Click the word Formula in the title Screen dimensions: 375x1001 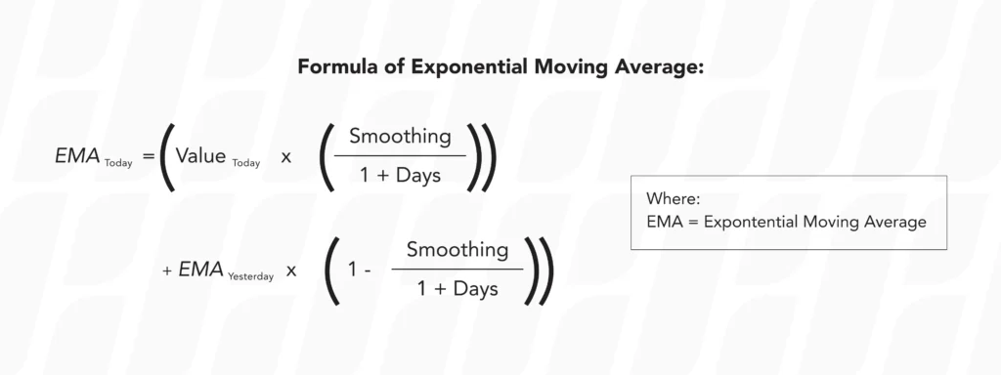(x=334, y=69)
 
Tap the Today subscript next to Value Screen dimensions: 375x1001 (x=246, y=162)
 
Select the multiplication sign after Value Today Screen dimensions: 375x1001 (x=286, y=156)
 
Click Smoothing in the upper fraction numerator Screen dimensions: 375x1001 (x=400, y=136)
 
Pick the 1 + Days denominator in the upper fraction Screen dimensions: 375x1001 (x=400, y=176)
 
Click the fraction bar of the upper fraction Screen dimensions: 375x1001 (x=400, y=155)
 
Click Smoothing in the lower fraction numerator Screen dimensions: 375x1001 (x=457, y=249)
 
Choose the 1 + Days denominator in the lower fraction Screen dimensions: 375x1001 (x=457, y=289)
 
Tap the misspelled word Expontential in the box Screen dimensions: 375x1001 (x=748, y=223)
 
